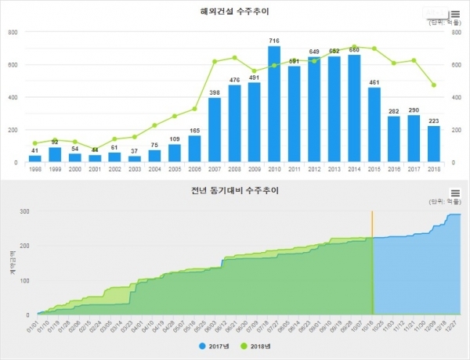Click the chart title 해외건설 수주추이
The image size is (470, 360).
tap(236, 12)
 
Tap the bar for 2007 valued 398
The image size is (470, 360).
tap(214, 130)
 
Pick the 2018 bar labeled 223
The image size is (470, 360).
tap(434, 144)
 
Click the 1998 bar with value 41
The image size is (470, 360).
tap(35, 158)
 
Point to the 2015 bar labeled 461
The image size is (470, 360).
tap(374, 124)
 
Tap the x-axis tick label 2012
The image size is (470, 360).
tap(314, 169)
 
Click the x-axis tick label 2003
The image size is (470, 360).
tap(134, 169)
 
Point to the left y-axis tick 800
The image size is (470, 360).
tap(13, 32)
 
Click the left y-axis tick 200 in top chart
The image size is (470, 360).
tap(13, 130)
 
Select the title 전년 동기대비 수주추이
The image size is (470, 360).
tap(236, 190)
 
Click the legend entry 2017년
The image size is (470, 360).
tap(214, 344)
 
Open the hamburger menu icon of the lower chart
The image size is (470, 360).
tap(455, 193)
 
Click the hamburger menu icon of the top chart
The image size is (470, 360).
tap(454, 13)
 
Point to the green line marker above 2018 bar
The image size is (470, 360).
tap(434, 85)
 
